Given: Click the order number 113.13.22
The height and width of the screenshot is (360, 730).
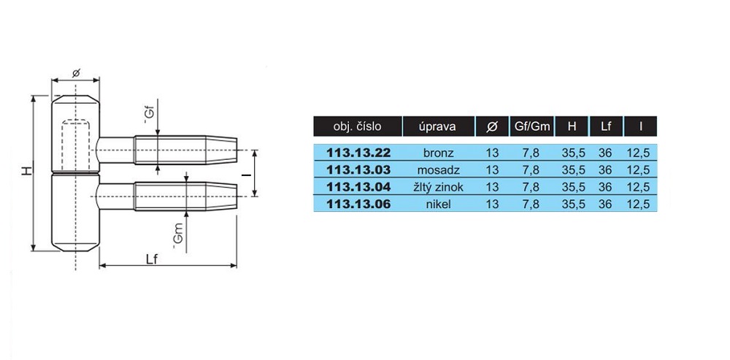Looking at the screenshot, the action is pos(358,153).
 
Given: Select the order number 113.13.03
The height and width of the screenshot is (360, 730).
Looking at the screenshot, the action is pos(358,170).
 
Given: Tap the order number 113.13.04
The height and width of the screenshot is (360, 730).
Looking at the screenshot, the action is pos(358,187).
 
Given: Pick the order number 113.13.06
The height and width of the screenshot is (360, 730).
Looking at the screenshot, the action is pos(358,204).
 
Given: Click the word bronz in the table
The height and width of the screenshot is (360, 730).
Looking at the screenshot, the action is pos(438,153).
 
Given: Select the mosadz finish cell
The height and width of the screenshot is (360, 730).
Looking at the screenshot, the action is pos(438,170).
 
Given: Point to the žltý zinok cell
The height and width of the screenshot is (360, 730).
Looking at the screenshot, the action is pos(438,187).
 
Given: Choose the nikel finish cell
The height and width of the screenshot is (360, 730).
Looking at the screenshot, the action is pos(438,204).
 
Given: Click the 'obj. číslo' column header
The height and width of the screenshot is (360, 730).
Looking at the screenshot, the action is pos(357,126).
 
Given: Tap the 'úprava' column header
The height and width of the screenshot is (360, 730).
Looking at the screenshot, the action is pos(438,126).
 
